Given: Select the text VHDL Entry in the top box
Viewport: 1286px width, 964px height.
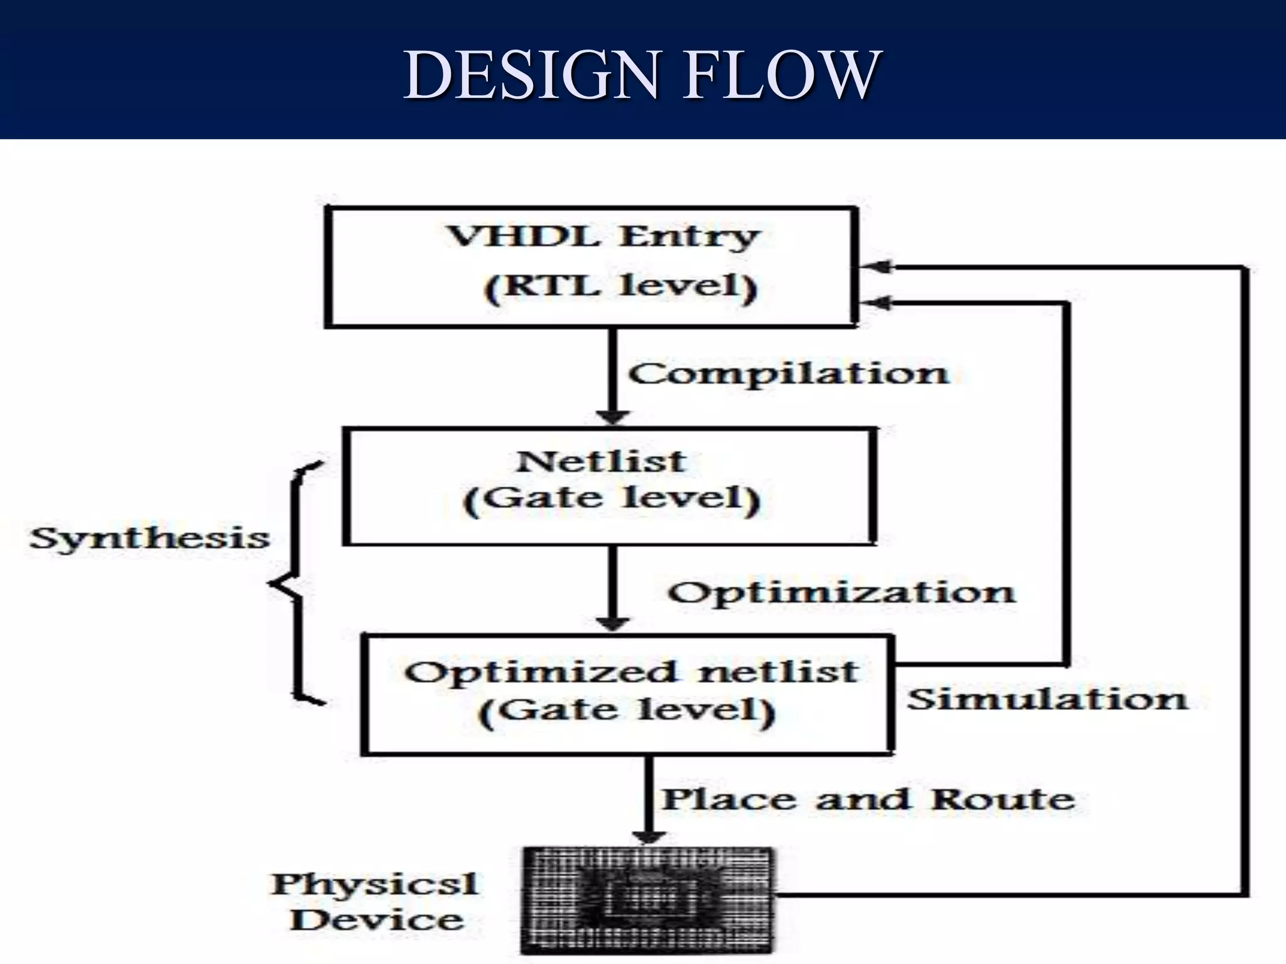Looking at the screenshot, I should point(603,237).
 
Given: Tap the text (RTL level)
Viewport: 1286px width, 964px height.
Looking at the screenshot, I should point(620,287).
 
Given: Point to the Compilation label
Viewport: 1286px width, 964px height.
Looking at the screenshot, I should point(788,374).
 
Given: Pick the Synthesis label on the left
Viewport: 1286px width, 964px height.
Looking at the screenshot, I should point(149,538).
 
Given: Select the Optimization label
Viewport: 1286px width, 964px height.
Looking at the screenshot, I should point(841,592).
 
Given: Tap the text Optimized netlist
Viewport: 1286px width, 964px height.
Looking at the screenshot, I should point(630,672).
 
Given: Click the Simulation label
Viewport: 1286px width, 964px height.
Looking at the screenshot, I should point(1047,699).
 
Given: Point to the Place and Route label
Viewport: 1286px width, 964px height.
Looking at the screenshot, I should point(868,799).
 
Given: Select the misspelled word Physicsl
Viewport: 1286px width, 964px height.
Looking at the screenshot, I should point(374,885).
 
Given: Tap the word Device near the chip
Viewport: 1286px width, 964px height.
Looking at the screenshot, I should point(377,920).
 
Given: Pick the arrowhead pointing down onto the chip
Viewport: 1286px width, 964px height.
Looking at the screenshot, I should point(649,837).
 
